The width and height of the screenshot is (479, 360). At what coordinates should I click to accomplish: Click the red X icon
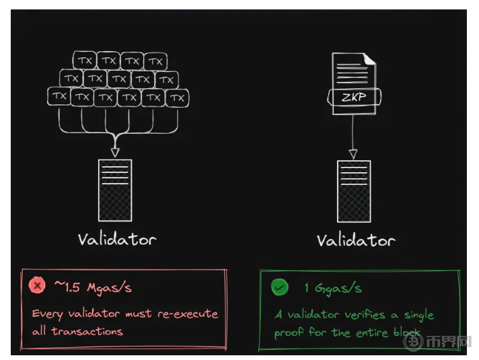37,287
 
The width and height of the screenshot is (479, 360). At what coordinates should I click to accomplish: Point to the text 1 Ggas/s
333,288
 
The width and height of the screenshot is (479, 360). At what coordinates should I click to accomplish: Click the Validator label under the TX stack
116,239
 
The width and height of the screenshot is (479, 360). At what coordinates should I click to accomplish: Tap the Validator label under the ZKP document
356,240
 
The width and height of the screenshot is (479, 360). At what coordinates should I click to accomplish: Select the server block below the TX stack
115,190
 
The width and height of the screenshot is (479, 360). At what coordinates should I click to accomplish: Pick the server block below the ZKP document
354,190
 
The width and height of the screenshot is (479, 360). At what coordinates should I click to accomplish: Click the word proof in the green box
289,333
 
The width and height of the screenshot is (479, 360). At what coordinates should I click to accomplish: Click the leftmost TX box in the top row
85,61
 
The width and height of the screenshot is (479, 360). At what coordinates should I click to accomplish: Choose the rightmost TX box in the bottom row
177,98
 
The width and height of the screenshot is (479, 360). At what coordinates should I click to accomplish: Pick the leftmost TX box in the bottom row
59,97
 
